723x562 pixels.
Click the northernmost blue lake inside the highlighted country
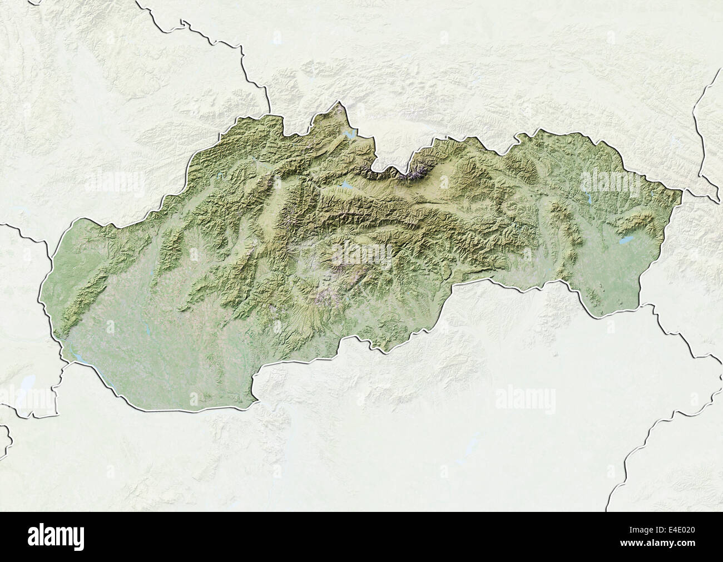tap(350, 135)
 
